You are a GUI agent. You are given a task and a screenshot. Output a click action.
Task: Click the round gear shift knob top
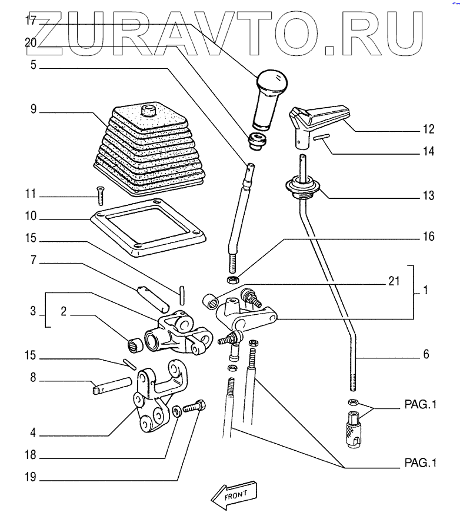[271, 82]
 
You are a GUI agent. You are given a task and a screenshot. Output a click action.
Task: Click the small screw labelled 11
[98, 195]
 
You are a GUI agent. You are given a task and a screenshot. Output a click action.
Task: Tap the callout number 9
[34, 109]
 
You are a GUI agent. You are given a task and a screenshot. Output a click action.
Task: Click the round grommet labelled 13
[304, 188]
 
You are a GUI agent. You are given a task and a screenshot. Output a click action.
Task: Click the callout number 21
[395, 281]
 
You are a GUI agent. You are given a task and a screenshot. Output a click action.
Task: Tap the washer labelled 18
[176, 410]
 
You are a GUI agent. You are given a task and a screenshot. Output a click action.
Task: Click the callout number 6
[426, 355]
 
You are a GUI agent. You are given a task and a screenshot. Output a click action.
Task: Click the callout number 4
[34, 434]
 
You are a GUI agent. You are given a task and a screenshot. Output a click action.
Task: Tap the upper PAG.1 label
[421, 405]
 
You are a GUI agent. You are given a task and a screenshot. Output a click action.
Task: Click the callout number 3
[34, 311]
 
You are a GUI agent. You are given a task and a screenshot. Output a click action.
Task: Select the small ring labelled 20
[256, 141]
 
